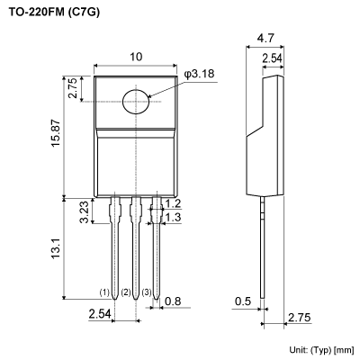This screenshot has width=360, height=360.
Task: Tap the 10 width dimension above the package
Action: (135, 57)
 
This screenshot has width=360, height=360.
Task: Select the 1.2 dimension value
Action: (174, 204)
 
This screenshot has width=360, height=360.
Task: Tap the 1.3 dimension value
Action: (174, 218)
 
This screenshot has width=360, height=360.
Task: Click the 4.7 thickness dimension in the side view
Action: (265, 40)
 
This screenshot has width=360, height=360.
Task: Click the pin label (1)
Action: (104, 292)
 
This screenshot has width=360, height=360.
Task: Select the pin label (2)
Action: (126, 292)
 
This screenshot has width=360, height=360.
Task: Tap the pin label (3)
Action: (147, 292)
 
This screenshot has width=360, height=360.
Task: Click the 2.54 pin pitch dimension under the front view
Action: (100, 314)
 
